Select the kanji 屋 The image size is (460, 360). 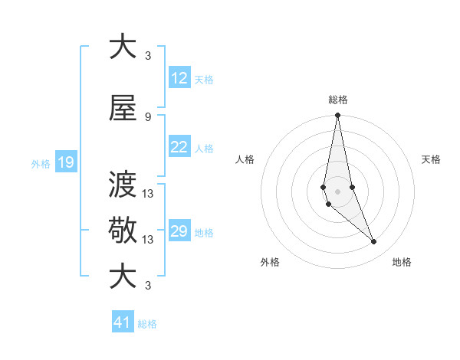coord(123,108)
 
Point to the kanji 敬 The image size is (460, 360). coord(123,230)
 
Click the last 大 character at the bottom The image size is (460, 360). coord(123,276)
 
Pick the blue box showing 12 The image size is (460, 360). coord(179,79)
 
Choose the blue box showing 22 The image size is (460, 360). coord(179,148)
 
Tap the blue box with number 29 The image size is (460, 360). coord(179,232)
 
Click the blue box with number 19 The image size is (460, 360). coord(66,162)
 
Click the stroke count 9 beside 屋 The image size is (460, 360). coord(147,116)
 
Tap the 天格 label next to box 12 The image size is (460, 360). coord(204,80)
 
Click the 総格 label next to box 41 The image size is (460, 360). coord(147,324)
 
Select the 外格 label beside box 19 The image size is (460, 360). coord(41,163)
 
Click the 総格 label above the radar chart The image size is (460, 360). coord(338,100)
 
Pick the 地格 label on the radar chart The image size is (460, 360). coord(402,263)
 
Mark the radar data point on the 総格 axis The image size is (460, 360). coord(337,116)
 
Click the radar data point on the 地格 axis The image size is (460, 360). coord(374,242)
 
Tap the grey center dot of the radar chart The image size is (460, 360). coord(337,190)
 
